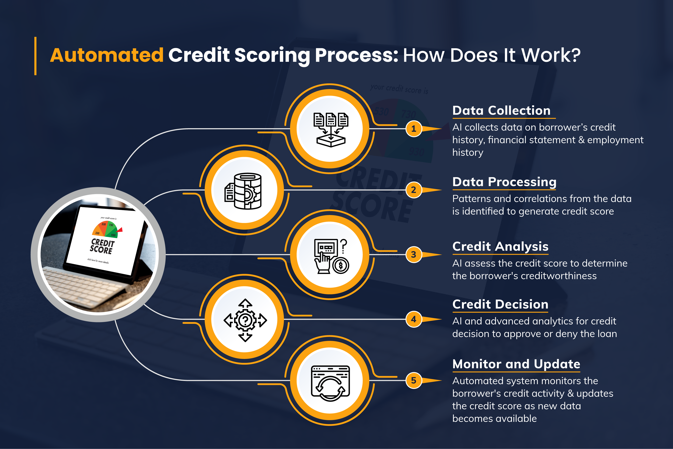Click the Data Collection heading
(501, 111)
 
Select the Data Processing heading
(504, 182)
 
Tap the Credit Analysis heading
(500, 246)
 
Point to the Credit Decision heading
(500, 304)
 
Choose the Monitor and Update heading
(516, 364)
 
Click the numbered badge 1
(413, 129)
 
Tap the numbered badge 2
(413, 190)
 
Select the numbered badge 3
(413, 255)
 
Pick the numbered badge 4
(413, 319)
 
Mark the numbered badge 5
(413, 380)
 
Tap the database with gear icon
(244, 191)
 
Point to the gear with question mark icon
(245, 320)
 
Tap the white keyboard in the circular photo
(83, 286)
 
